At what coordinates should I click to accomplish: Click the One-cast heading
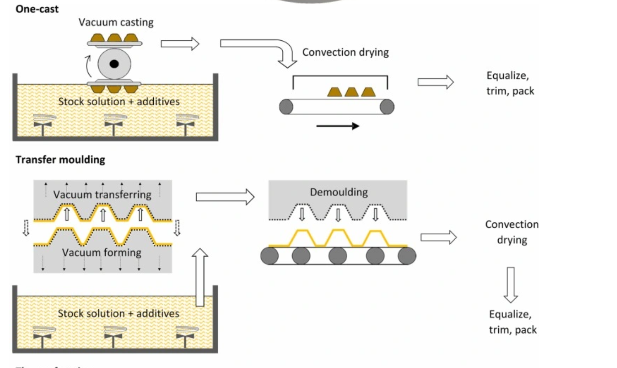pos(37,9)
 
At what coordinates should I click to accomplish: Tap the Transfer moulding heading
pos(60,159)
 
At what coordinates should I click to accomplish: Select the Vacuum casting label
pos(116,22)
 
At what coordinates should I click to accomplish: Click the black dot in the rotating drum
pos(114,64)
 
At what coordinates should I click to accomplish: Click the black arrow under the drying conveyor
pos(337,126)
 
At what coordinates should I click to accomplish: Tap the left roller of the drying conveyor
pos(286,106)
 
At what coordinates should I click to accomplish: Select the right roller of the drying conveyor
pos(387,106)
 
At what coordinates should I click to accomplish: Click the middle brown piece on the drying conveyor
pos(352,92)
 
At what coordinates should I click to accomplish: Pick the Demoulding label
pos(339,192)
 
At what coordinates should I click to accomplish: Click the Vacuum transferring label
pos(102,194)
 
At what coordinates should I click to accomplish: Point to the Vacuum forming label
pos(102,252)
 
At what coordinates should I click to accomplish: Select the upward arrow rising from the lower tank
pos(200,277)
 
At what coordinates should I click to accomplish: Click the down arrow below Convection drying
pos(511,285)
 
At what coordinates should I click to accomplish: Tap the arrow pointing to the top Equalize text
pos(435,82)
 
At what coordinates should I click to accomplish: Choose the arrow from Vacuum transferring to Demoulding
pos(225,197)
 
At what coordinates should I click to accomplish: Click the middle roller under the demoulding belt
pos(338,256)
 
